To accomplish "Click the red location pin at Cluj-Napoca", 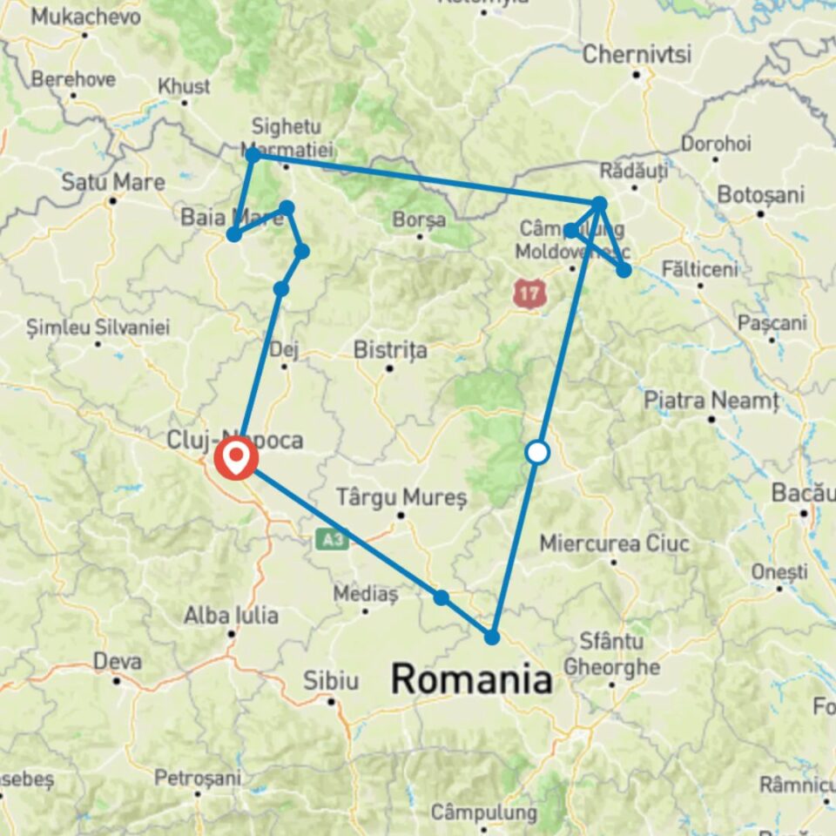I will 236,458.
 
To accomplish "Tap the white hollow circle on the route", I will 538,452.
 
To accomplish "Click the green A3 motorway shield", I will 332,540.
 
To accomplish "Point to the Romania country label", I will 471,679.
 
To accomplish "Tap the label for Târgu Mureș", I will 402,497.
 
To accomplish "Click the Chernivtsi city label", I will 637,54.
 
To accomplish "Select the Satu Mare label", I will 112,182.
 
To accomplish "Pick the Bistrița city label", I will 390,350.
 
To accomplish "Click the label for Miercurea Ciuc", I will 615,544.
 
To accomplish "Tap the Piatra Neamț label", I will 711,401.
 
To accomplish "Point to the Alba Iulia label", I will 231,616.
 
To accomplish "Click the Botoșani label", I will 760,194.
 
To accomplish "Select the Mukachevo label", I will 84,17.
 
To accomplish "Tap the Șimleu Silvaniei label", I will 98,328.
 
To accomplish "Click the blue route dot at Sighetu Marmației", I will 253,155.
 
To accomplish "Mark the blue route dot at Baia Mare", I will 234,234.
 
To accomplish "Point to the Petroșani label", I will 196,777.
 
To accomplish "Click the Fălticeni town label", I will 699,269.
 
